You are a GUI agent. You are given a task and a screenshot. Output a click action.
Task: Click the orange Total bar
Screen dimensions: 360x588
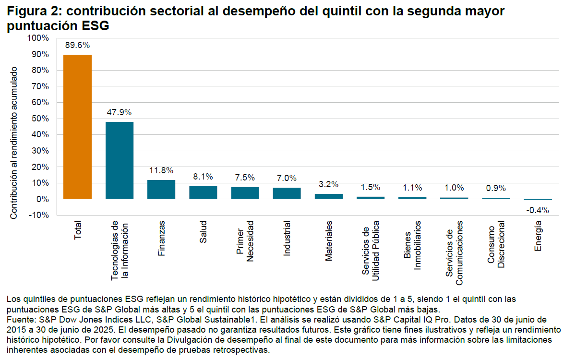[77, 127]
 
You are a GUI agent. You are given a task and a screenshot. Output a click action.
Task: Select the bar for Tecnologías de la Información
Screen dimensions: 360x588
[120, 160]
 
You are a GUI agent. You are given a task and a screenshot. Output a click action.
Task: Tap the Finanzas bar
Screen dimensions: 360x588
[161, 190]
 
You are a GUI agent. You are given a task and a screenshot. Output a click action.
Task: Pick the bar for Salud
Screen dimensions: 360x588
[203, 192]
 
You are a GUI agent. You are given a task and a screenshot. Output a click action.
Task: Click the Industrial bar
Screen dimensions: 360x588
[287, 193]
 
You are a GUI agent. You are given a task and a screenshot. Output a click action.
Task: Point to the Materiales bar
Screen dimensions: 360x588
[328, 196]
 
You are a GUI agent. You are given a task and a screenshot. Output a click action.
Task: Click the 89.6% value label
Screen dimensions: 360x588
[78, 46]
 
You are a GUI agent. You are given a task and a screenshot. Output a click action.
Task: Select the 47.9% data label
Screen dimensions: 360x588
[120, 113]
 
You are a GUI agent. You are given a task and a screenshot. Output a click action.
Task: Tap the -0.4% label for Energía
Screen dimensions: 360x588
[538, 210]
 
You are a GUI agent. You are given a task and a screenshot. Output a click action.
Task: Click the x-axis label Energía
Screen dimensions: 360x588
[538, 236]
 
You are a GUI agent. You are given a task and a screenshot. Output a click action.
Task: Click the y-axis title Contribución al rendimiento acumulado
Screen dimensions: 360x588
[14, 143]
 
